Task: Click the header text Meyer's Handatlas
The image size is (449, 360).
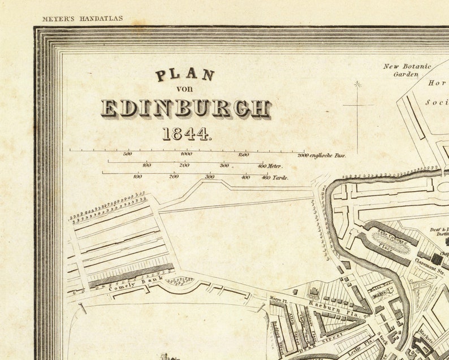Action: tap(82, 19)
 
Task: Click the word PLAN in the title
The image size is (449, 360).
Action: tap(185, 75)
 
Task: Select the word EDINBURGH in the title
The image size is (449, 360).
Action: tap(185, 108)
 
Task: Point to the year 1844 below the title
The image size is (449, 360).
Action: tap(186, 134)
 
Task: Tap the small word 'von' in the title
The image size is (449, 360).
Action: tap(185, 89)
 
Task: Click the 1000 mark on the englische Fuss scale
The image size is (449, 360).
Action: tap(185, 154)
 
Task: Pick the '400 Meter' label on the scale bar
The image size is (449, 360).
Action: tap(269, 166)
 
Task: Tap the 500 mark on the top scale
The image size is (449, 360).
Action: tap(127, 154)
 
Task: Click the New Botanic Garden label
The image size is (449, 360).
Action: tap(407, 70)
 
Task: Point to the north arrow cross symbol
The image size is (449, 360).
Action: tap(357, 105)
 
